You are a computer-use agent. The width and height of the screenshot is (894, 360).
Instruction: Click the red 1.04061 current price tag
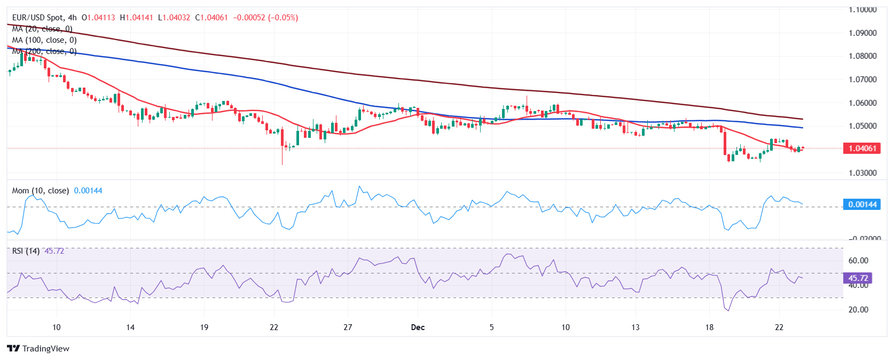(861, 148)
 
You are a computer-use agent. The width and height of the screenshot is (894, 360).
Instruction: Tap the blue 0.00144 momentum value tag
(861, 204)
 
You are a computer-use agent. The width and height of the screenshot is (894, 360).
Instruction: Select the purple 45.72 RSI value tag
(857, 278)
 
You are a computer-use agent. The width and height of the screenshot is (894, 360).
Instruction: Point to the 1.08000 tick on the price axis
(862, 56)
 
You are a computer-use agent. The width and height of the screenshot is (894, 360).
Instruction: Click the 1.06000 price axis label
(862, 103)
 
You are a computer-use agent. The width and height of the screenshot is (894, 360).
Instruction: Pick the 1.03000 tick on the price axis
(862, 173)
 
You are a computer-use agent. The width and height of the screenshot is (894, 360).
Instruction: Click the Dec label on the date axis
(418, 327)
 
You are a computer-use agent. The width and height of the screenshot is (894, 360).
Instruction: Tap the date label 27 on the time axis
(348, 327)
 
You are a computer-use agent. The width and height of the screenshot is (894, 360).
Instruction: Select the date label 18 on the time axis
(709, 327)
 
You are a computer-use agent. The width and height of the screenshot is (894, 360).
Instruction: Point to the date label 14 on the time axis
(130, 327)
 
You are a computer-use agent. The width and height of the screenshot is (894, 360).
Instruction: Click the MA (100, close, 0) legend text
(44, 40)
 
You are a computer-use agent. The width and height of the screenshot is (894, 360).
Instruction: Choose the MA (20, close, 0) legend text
(42, 29)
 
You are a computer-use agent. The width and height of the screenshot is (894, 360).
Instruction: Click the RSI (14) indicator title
(26, 251)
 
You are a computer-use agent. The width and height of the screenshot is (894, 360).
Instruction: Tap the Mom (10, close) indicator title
(41, 191)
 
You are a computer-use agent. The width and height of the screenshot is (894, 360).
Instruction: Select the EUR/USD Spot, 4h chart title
(44, 18)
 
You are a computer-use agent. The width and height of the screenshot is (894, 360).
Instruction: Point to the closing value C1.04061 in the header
(211, 18)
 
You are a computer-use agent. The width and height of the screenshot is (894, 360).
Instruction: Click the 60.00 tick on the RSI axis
(858, 261)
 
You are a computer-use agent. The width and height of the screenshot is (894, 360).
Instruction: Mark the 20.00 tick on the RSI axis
(858, 310)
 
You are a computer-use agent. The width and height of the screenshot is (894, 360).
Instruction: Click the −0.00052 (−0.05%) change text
(265, 18)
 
